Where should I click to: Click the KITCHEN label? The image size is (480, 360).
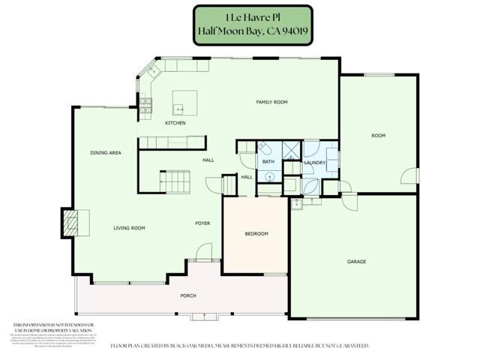[175, 123]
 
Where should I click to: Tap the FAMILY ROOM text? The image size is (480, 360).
[271, 102]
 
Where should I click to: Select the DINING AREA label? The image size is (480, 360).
[106, 152]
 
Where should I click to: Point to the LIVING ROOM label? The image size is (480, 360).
[129, 228]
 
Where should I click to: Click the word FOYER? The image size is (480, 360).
[202, 223]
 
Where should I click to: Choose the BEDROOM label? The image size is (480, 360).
[256, 234]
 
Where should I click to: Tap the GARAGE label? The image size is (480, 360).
[356, 262]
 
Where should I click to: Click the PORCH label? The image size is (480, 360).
[188, 295]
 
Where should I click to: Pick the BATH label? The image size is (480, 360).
[268, 162]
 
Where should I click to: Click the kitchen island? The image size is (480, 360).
[185, 101]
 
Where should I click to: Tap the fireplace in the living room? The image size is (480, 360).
[71, 223]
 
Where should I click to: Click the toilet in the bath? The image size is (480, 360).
[265, 148]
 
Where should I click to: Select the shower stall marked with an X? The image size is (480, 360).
[289, 148]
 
